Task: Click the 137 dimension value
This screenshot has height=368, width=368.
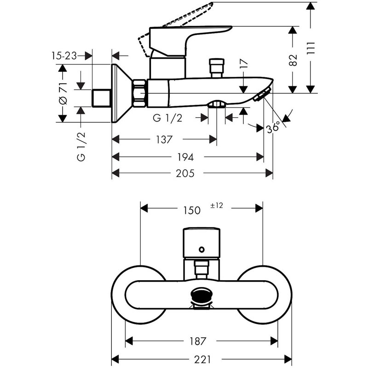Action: coord(164,140)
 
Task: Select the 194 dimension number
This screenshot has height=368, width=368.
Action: coord(185,157)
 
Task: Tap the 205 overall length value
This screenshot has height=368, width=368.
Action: coord(185,173)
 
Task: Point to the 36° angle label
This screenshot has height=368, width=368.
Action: coord(273,127)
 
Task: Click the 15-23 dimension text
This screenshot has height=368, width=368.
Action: coord(64,56)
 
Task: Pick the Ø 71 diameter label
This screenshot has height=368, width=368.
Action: coord(63,93)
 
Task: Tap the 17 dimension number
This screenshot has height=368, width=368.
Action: coord(244,63)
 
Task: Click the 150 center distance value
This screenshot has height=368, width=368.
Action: coord(192,210)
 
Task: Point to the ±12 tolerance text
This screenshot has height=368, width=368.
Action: coord(216,206)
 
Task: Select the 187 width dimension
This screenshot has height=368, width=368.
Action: coord(198,341)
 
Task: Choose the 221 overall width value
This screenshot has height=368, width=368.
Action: coord(203,359)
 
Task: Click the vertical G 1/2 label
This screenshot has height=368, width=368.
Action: coord(81,146)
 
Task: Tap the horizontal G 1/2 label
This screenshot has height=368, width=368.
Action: coord(167,118)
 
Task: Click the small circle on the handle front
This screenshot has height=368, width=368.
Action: coord(201,249)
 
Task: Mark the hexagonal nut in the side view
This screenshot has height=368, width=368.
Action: coord(139,93)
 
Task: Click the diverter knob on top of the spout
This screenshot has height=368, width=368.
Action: coord(216,68)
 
